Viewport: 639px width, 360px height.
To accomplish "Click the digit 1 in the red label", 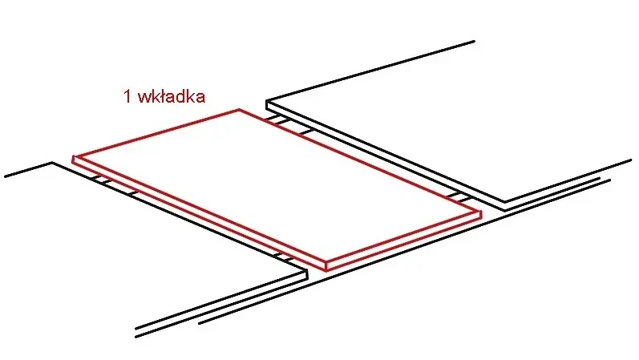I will (127, 97).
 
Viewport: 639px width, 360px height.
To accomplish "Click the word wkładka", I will (172, 96).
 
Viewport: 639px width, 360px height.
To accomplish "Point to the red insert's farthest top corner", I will (239, 110).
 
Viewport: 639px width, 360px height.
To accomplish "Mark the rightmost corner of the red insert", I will (479, 214).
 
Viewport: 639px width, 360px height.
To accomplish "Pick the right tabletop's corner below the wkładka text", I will (266, 102).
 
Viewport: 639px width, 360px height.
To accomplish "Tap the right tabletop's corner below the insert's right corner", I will (503, 202).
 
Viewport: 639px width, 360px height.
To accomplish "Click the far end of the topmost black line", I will (474, 41).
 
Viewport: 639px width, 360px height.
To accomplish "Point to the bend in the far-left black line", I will (52, 163).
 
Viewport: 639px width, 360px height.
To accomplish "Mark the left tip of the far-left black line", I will (5, 175).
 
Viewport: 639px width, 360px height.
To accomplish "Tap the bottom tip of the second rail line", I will (197, 323).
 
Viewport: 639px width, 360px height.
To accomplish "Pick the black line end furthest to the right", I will (631, 160).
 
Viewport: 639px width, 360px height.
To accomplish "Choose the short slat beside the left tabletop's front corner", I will (283, 257).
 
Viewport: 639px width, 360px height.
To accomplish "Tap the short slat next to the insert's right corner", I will (456, 196).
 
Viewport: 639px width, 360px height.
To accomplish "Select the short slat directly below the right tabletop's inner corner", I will (277, 121).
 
